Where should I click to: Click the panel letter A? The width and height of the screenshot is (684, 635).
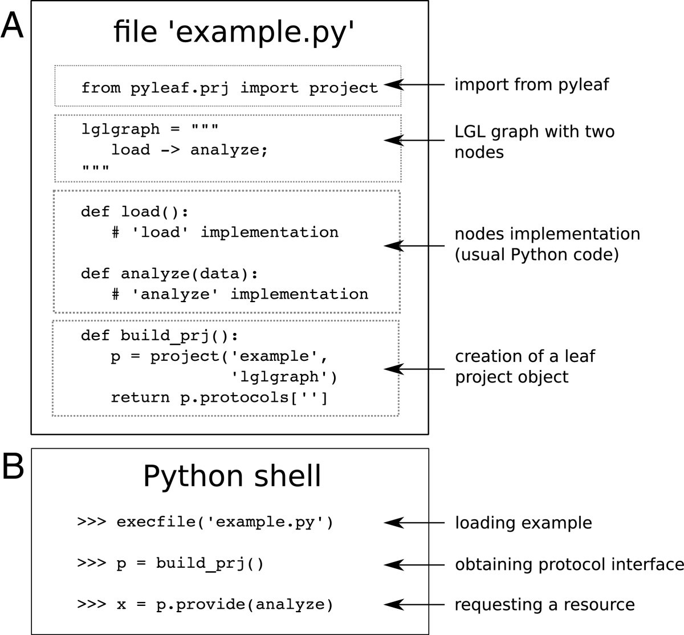(x=12, y=26)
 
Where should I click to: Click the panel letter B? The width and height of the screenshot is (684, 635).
(x=12, y=467)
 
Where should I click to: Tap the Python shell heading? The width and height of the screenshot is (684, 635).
(x=232, y=476)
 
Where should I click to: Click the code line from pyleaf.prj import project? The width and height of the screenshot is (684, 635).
(x=229, y=88)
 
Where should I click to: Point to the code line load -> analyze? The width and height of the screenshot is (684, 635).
(x=189, y=150)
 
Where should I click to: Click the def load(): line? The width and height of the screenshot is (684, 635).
(x=135, y=212)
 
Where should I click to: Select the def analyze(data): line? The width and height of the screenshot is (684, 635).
(x=169, y=274)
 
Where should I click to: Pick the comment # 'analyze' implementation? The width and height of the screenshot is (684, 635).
(x=239, y=294)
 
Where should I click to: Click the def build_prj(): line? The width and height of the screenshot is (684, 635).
(x=159, y=335)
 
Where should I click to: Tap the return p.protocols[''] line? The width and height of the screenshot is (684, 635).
(x=219, y=397)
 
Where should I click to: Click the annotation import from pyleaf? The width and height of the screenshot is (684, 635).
(x=531, y=85)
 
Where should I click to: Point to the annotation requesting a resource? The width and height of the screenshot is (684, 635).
(x=544, y=604)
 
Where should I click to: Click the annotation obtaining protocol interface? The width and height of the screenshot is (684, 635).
(x=569, y=564)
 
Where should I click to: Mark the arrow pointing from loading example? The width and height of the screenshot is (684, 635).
(x=414, y=523)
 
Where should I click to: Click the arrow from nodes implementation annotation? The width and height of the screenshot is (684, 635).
(x=414, y=246)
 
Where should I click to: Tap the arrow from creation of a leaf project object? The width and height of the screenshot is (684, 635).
(x=414, y=369)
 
